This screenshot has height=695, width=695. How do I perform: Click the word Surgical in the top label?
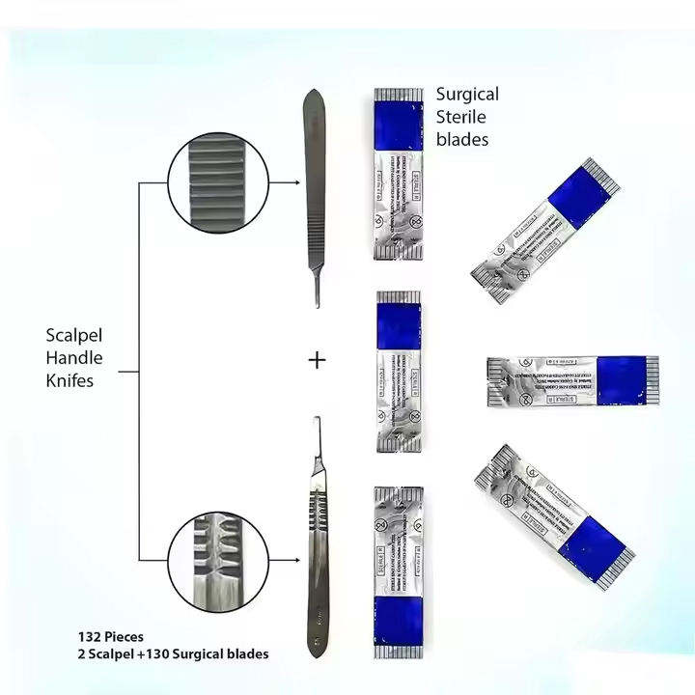(x=467, y=95)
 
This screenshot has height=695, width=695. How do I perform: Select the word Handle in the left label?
(x=74, y=358)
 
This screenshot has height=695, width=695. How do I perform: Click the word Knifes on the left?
(x=70, y=380)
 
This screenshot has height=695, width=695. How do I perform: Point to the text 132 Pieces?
(x=111, y=637)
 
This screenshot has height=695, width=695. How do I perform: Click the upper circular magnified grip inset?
(x=213, y=182)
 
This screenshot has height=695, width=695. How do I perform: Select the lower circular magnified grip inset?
(x=213, y=561)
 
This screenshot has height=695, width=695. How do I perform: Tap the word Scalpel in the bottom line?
(x=112, y=654)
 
